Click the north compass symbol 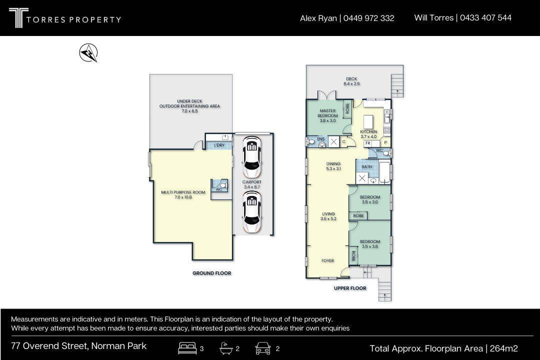point(88,52)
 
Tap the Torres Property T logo point(18,18)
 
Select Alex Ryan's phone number point(368,18)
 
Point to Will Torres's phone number point(485,17)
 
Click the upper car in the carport point(251,156)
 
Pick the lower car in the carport point(251,211)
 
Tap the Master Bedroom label point(327,116)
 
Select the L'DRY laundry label point(219,145)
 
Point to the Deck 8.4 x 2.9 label point(351,81)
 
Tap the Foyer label point(327,261)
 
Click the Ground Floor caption point(212,273)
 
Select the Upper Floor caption point(350,288)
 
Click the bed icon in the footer point(187,348)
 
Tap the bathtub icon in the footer point(226,348)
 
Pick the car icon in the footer point(263,348)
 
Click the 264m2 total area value point(504,348)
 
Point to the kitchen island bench point(368,122)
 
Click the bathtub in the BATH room point(384,171)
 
